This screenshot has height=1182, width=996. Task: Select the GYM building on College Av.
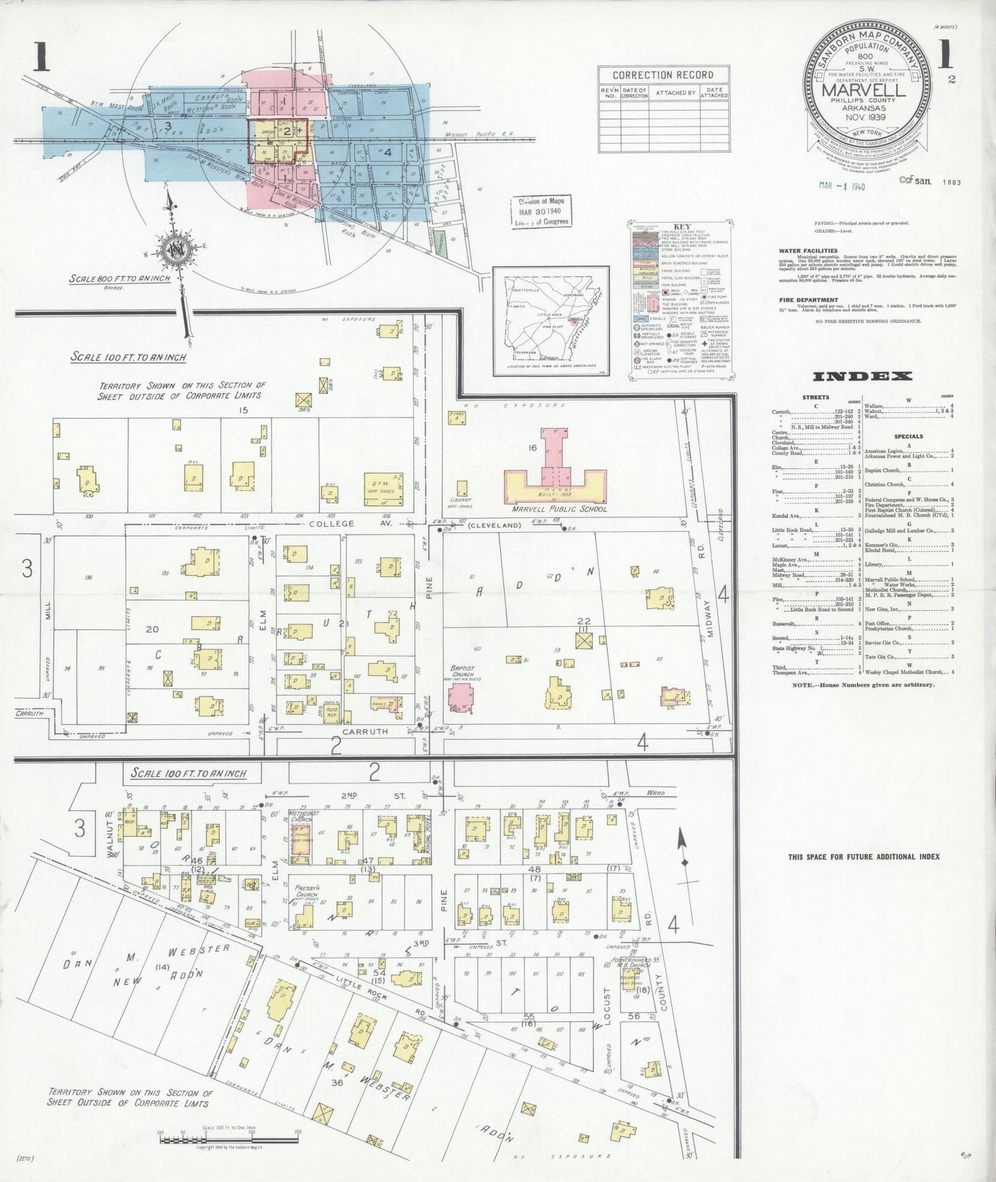pyautogui.click(x=382, y=485)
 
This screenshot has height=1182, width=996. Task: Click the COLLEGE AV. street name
pyautogui.click(x=331, y=524)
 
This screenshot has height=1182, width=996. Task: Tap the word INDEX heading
pyautogui.click(x=863, y=377)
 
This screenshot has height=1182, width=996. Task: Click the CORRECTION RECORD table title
pyautogui.click(x=662, y=75)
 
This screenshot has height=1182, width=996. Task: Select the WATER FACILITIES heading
pyautogui.click(x=808, y=251)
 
